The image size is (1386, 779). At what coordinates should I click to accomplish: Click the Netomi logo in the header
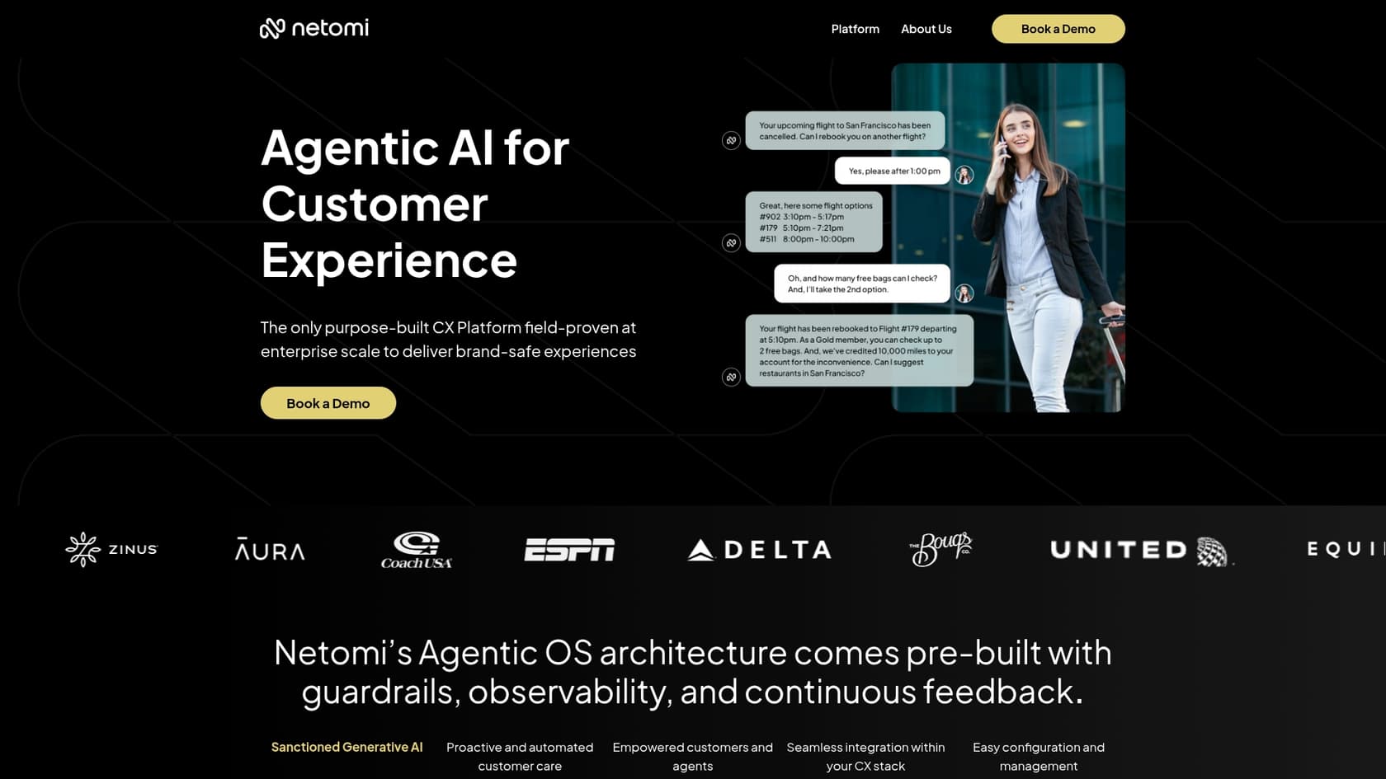click(x=314, y=28)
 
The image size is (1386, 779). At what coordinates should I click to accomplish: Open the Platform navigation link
click(x=855, y=29)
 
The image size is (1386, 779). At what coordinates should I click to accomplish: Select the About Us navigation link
click(x=926, y=29)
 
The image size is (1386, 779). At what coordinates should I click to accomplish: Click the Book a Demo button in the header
click(x=1058, y=29)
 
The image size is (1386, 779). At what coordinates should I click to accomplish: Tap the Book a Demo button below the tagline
click(x=328, y=403)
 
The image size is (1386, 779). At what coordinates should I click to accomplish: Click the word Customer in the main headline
click(x=375, y=204)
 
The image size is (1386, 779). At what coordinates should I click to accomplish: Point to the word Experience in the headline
click(x=389, y=260)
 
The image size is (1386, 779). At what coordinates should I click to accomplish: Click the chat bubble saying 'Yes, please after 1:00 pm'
click(x=893, y=171)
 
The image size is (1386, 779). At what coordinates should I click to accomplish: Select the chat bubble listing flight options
click(x=813, y=222)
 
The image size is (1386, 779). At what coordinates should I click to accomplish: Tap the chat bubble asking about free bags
click(x=861, y=284)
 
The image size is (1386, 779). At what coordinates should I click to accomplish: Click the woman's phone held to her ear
click(x=1004, y=146)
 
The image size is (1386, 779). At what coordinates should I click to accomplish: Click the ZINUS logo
click(x=111, y=549)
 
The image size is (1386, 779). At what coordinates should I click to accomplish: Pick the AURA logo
click(x=270, y=549)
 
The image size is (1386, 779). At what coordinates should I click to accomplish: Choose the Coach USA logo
click(x=417, y=550)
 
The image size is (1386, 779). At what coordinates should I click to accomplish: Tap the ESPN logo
click(x=569, y=550)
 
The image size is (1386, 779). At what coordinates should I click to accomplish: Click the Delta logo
click(x=759, y=550)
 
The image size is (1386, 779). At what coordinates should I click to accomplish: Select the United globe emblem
click(x=1212, y=551)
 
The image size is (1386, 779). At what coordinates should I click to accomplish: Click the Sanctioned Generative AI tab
click(x=346, y=747)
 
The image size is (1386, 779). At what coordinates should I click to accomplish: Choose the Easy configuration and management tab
click(x=1038, y=756)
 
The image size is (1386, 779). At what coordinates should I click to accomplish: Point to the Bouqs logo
click(x=940, y=548)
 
